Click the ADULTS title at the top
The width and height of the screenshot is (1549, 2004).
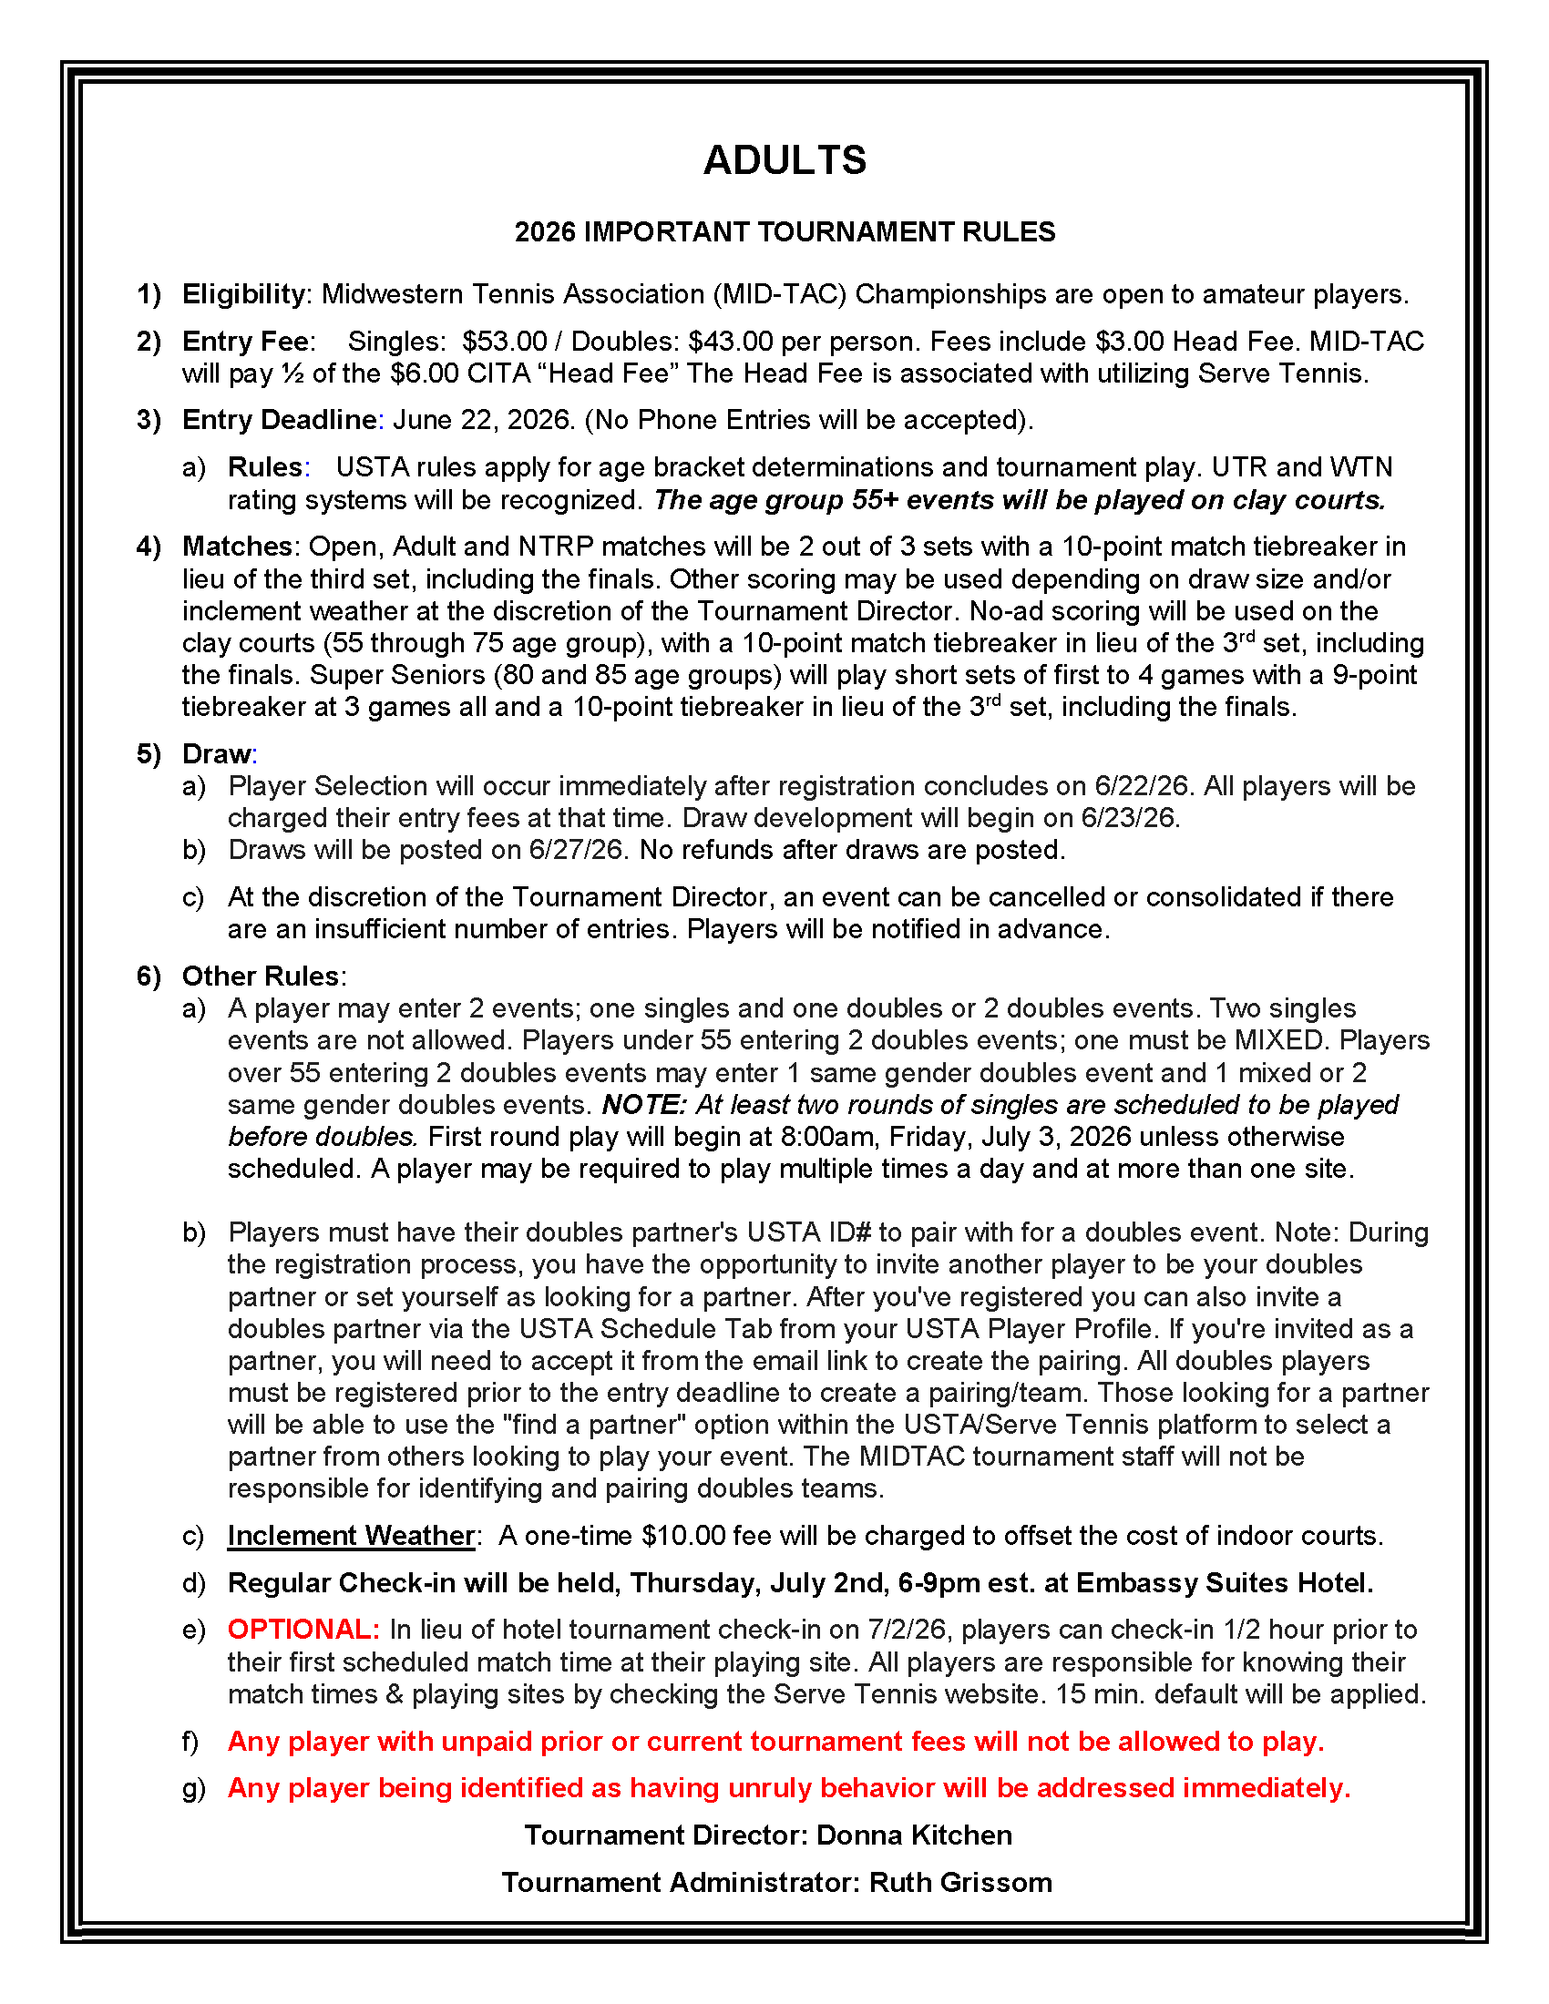coord(785,160)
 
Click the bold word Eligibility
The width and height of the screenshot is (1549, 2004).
coord(243,294)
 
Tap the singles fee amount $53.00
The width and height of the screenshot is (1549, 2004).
coord(504,342)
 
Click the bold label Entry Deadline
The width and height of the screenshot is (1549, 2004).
coord(280,420)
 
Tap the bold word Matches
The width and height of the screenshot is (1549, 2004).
coord(237,547)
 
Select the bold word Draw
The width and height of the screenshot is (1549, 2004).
coord(217,754)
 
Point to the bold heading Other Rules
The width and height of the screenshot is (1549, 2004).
coord(261,976)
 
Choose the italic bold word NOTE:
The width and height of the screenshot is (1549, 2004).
coord(643,1105)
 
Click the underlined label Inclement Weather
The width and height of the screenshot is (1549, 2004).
coord(352,1536)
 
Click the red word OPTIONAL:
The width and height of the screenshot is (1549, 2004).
coord(303,1630)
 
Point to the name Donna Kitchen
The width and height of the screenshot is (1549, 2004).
coord(914,1835)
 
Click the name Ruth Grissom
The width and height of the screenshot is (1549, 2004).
coord(959,1883)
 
